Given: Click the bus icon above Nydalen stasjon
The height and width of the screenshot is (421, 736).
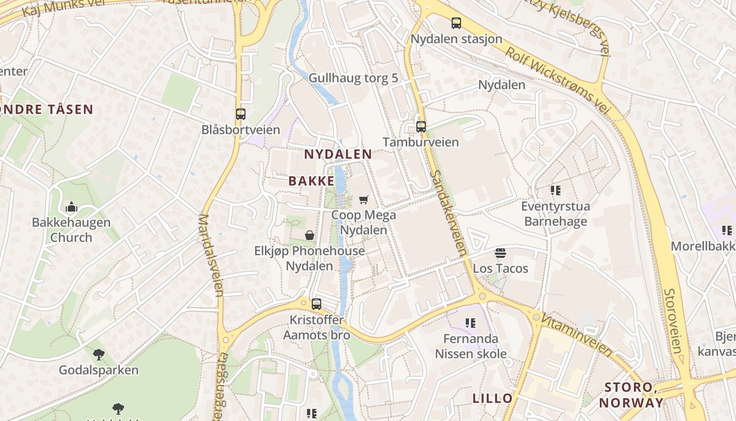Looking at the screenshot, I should point(456,23).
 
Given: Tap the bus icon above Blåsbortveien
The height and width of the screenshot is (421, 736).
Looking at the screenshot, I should point(241,114).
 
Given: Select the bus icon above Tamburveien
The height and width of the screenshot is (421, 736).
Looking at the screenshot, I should point(421,126).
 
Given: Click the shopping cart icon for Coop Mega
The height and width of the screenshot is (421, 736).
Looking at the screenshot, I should point(363,199).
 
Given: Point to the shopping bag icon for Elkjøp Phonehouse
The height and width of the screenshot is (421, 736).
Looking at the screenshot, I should point(310,235).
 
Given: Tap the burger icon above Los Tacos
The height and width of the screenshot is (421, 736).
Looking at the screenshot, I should point(500,253).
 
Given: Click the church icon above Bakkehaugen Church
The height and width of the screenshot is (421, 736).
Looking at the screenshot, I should point(71,207).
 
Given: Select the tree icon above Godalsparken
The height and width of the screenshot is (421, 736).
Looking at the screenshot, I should point(98,354).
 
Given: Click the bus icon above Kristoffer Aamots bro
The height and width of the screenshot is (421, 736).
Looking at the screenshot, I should point(316,304).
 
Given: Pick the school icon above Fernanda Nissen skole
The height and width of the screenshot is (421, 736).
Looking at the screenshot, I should point(470,323).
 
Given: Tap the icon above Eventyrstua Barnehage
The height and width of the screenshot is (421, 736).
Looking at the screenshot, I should point(555,190).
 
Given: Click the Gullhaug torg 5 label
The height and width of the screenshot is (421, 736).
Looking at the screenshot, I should point(353,78).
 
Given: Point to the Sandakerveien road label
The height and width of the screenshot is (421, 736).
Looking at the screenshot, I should point(448,213).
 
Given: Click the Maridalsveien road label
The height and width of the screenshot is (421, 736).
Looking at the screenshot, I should point(211,255).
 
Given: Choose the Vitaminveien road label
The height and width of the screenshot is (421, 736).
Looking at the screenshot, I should point(577,335).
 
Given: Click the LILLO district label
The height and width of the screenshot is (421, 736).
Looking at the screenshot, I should point(492,398).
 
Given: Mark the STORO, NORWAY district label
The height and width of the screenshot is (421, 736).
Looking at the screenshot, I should point(631,395).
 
